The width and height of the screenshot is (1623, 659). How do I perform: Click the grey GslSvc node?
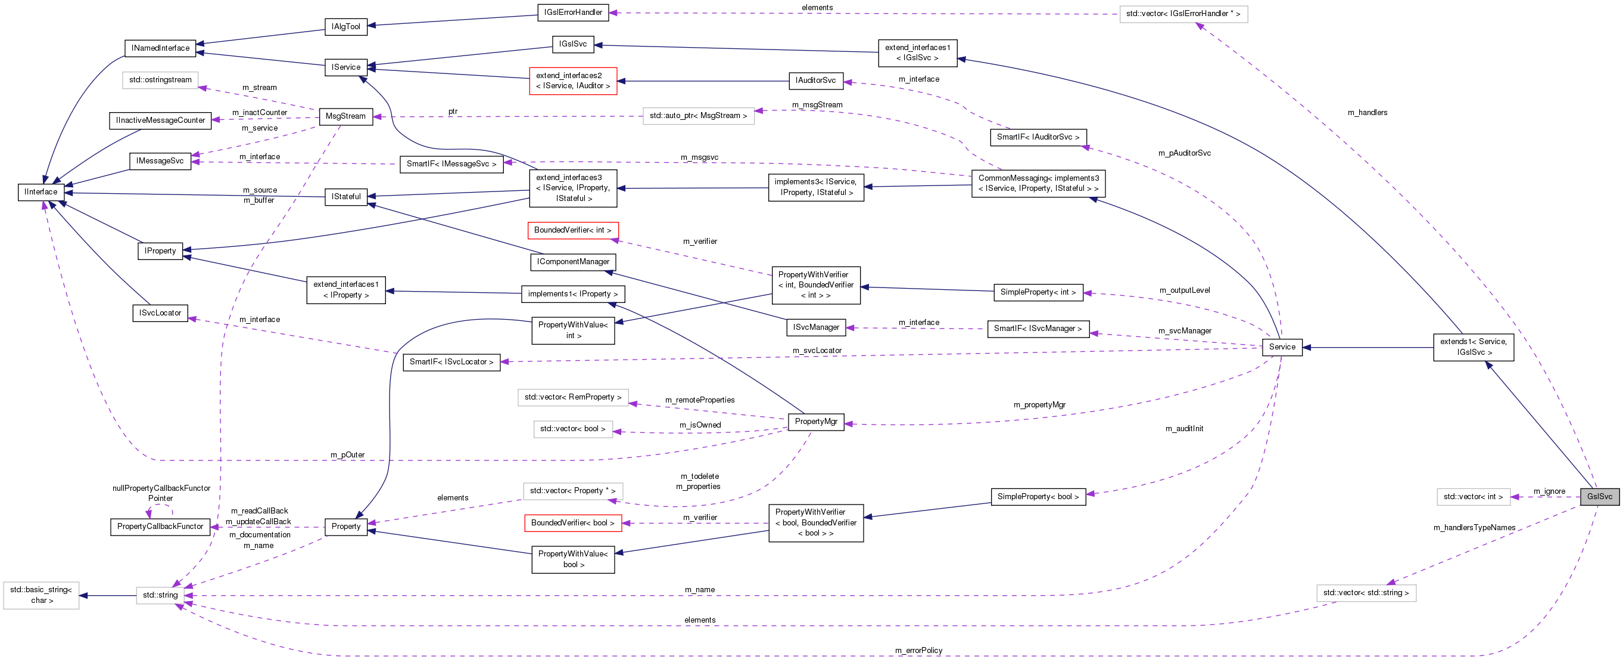(1599, 496)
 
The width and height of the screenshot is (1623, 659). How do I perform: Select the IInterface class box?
(41, 191)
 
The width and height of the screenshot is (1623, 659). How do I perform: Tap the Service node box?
(1282, 347)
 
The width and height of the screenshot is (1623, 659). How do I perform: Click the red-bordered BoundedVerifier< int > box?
(572, 230)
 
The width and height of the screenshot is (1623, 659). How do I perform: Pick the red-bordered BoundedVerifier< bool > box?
(572, 523)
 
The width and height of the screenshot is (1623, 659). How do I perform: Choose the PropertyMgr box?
(816, 421)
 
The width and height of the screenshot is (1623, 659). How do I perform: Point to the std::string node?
(160, 595)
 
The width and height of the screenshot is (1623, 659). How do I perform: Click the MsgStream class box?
(345, 116)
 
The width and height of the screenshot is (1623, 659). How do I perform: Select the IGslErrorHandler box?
(573, 12)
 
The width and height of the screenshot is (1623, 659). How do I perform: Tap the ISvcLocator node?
(160, 313)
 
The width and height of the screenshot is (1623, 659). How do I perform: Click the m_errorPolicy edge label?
(918, 650)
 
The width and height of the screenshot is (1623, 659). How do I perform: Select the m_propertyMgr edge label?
(1039, 405)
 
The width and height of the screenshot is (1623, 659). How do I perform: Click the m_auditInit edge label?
(1184, 429)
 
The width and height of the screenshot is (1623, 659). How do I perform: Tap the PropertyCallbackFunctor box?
(160, 527)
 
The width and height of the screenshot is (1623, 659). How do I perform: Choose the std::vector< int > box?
(1473, 497)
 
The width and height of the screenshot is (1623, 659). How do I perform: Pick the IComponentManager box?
(573, 262)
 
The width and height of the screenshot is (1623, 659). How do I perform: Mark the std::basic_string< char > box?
(42, 595)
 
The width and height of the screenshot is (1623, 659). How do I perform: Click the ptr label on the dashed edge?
(453, 112)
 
